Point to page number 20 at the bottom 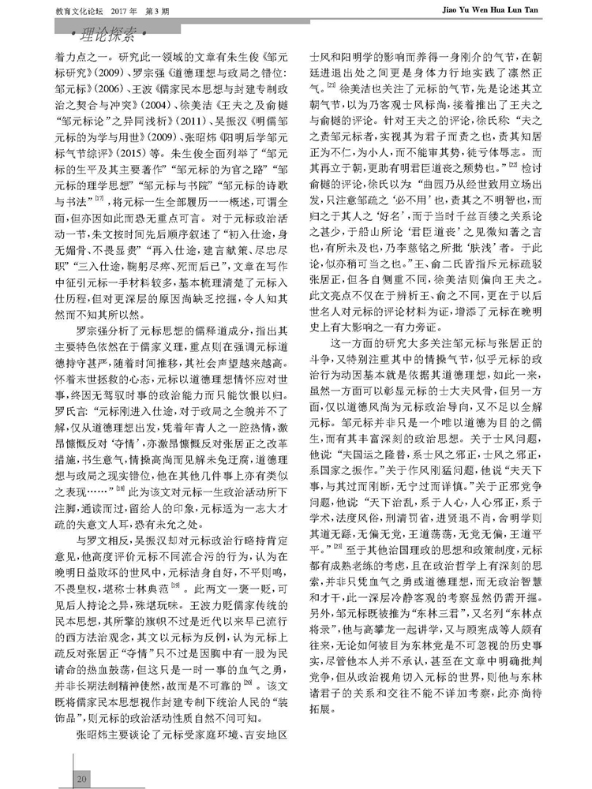(81, 780)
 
